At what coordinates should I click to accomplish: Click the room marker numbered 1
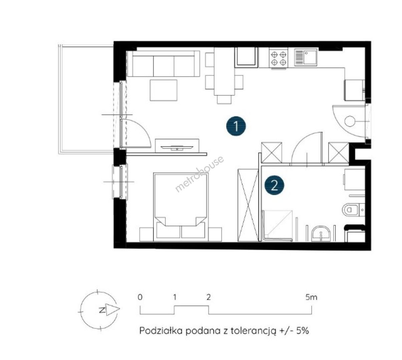point(236,126)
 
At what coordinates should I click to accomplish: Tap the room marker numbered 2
point(274,185)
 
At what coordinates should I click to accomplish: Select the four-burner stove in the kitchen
point(278,58)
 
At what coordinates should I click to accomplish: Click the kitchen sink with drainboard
point(306,57)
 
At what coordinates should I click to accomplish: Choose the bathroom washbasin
point(321,234)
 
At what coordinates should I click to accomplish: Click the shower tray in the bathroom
point(277,226)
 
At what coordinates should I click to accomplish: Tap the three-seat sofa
point(163,63)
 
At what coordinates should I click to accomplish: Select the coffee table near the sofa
point(163,90)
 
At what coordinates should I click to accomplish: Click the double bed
point(181,207)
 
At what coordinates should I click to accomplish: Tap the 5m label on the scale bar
point(311,297)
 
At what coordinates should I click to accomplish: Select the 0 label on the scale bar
point(140,297)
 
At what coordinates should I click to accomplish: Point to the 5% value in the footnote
point(303,330)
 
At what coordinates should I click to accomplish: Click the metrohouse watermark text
point(199,174)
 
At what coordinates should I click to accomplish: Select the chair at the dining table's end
point(224,99)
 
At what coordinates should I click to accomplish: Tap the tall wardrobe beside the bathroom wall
point(248,205)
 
